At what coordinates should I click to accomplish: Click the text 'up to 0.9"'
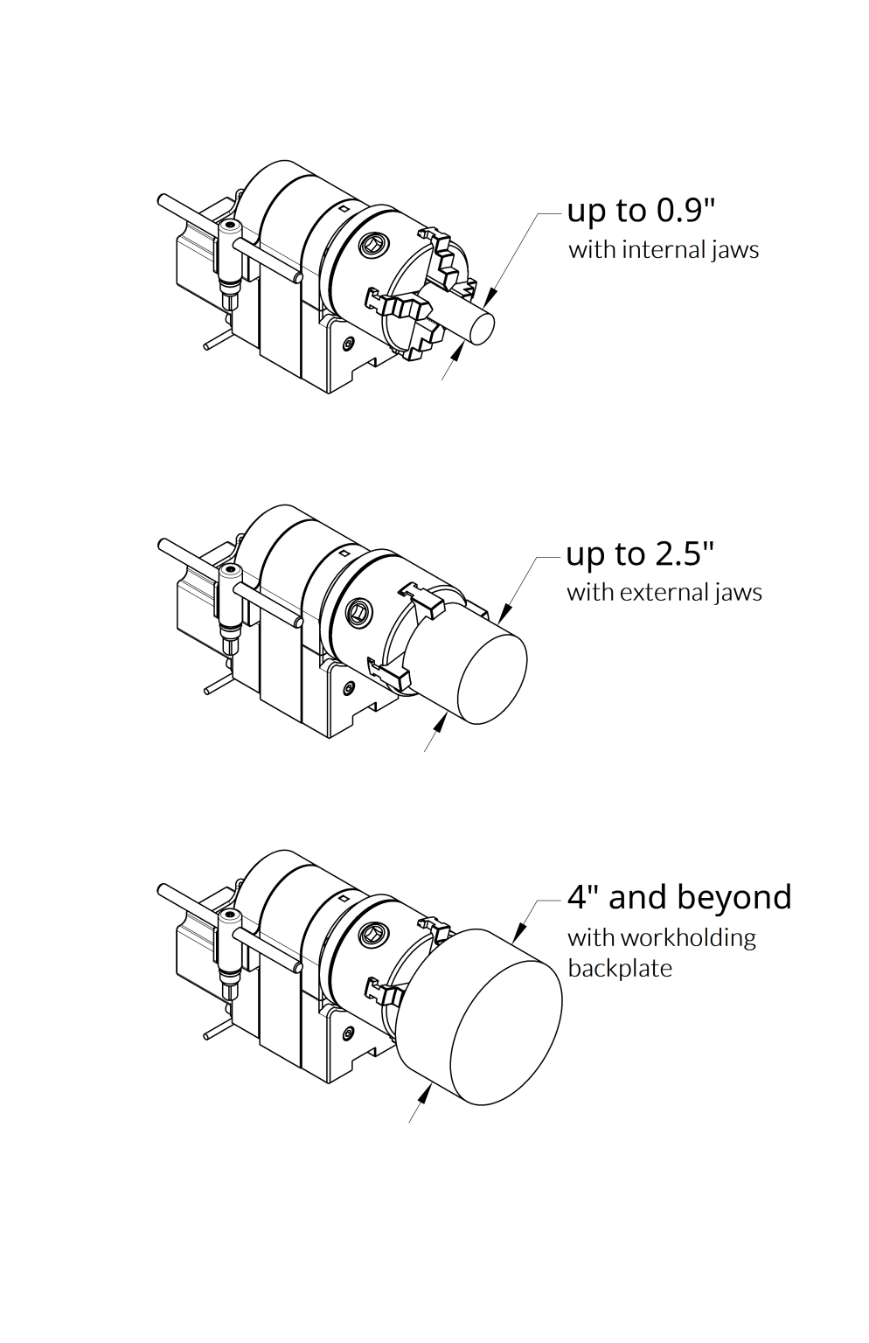tap(641, 211)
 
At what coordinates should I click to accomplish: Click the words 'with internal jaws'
tap(663, 250)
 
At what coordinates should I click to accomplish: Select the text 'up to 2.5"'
tap(640, 554)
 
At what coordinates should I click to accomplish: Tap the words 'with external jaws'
tap(664, 593)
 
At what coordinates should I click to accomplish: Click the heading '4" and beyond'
tap(679, 898)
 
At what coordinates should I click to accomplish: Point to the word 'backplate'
tap(619, 969)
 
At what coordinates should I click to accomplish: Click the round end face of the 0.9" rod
tap(483, 328)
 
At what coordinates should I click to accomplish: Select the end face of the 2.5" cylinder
tap(492, 678)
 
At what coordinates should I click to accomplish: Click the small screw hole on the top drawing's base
tap(351, 343)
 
